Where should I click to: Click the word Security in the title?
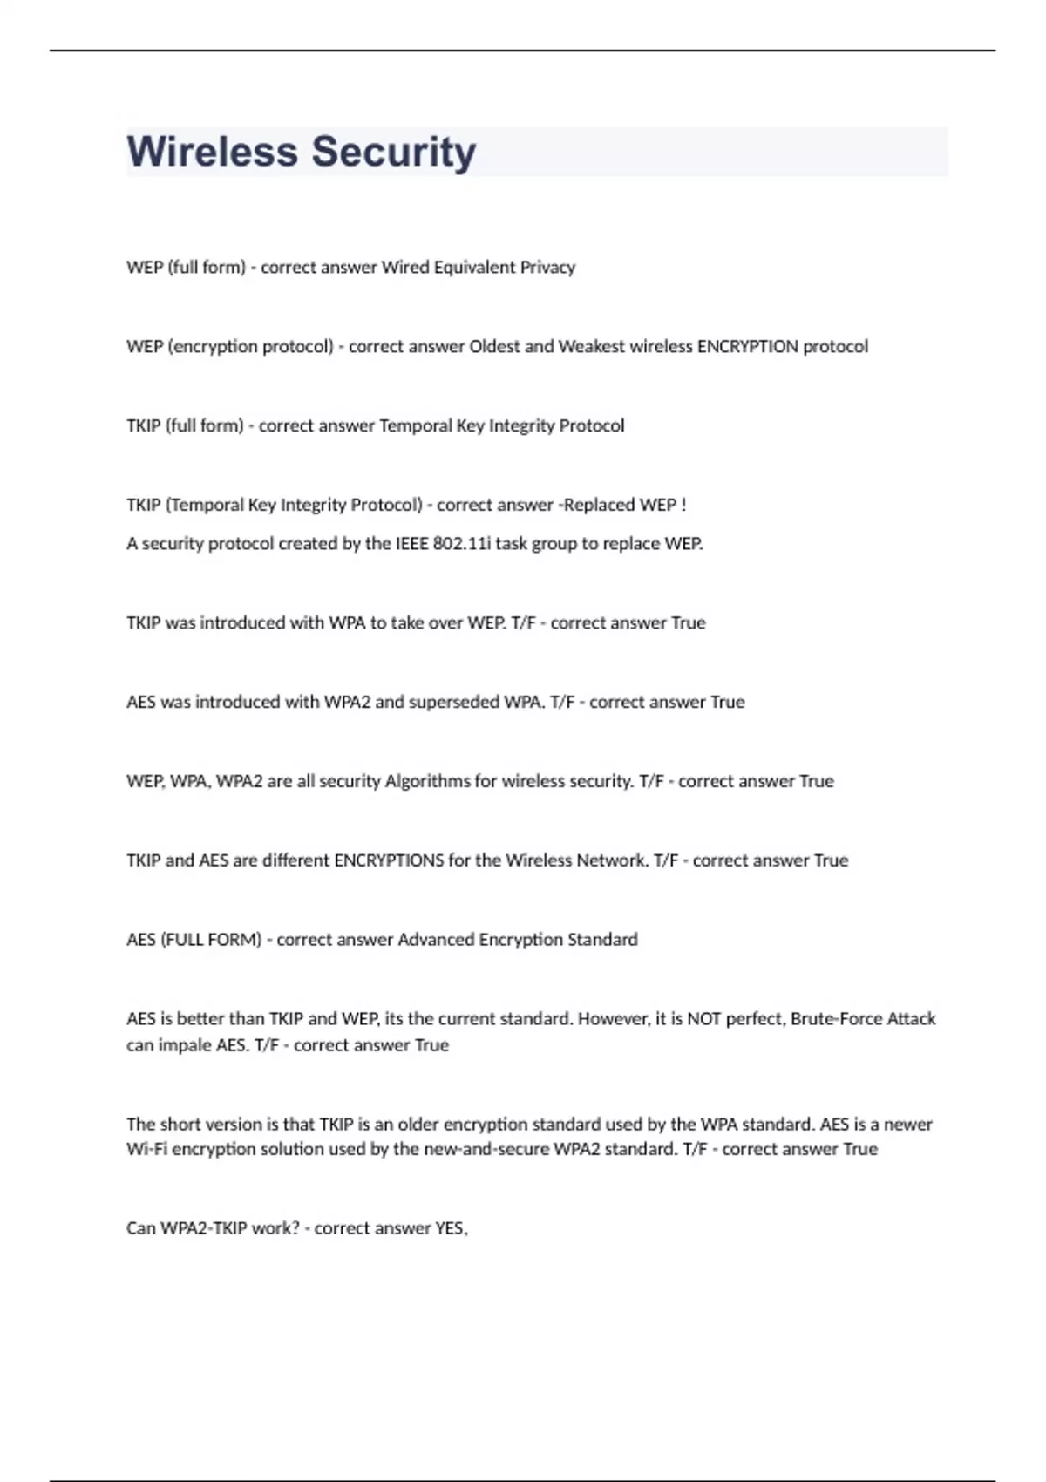pyautogui.click(x=394, y=152)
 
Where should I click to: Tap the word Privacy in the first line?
pyautogui.click(x=547, y=268)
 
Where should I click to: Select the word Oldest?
pyautogui.click(x=494, y=347)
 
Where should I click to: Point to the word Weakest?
pyautogui.click(x=591, y=347)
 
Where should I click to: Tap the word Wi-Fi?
pyautogui.click(x=146, y=1149)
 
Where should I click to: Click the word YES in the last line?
pyautogui.click(x=451, y=1228)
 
